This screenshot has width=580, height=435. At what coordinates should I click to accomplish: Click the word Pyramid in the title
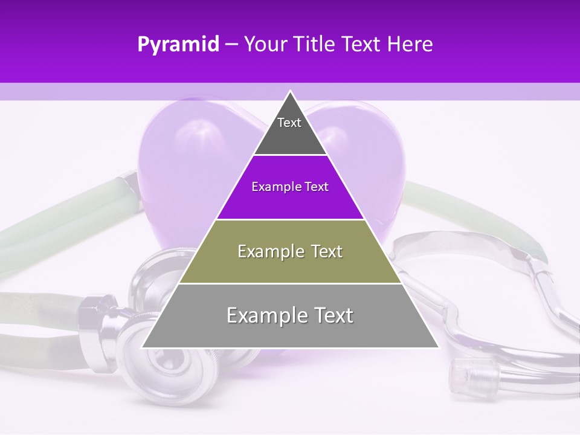[178, 45]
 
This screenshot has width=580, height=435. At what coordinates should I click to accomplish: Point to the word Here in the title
[410, 45]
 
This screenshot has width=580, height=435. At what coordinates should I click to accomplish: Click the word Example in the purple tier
[271, 187]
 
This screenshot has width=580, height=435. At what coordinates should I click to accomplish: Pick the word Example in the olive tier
[266, 251]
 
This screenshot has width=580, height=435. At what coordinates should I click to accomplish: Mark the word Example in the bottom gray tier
[260, 315]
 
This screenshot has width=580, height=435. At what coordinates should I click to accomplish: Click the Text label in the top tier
[289, 123]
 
